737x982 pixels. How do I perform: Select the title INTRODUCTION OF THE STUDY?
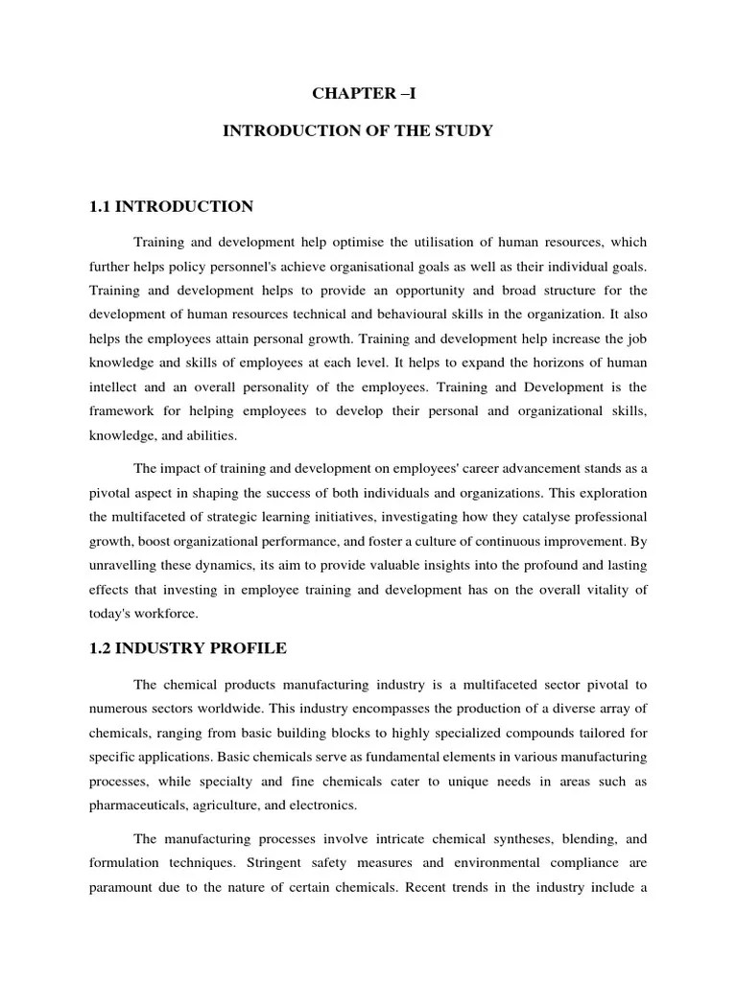point(358,131)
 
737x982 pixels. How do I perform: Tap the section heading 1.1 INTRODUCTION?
point(171,206)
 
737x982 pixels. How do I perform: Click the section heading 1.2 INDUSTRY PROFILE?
point(187,648)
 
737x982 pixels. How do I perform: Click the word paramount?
point(125,887)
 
